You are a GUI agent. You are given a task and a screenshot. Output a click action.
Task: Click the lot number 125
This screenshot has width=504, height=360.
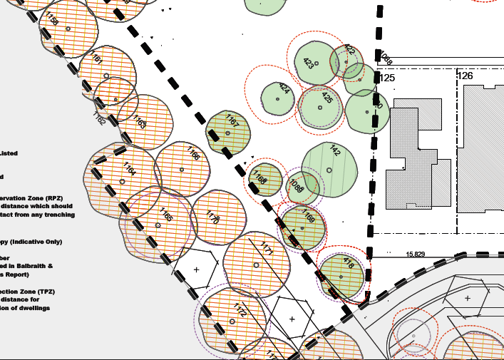[387, 77]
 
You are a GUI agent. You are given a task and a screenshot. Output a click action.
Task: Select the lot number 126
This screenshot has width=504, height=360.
[465, 76]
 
